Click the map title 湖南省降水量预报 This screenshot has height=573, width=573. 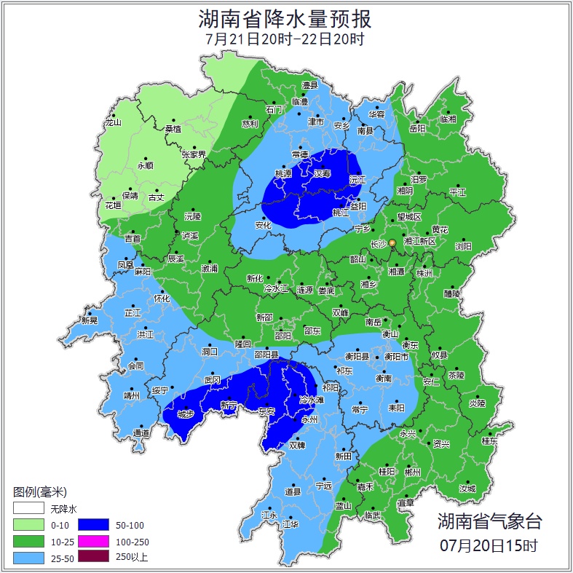point(285,18)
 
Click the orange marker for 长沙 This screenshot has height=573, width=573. point(392,242)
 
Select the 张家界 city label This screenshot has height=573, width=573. point(194,154)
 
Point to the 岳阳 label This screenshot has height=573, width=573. point(417,129)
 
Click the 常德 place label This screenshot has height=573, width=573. point(299,154)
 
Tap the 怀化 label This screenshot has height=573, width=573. point(162,299)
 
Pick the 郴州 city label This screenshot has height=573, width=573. point(413,472)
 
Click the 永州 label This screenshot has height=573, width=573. point(310,420)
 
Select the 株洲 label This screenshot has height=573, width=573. point(424,273)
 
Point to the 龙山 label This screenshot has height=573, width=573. point(113,122)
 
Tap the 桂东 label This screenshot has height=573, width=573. point(489,440)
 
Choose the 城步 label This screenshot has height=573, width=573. point(186,415)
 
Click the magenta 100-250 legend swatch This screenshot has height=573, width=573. point(93,541)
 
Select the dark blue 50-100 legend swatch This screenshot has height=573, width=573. point(93,524)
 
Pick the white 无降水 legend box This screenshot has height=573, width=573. point(28,508)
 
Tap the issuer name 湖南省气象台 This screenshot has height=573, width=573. point(489,521)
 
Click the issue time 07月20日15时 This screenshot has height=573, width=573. point(489,544)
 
